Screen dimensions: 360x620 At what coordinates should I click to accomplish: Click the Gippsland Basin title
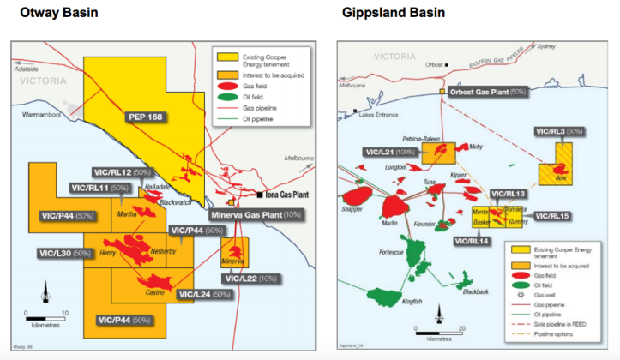(x=387, y=13)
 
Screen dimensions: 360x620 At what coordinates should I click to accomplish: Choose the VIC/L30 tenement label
(x=65, y=254)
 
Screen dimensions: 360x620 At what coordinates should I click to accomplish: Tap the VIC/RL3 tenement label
(x=559, y=132)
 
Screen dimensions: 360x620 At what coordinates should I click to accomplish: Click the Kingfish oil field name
(x=412, y=301)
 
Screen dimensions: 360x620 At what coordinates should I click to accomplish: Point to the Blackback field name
(x=474, y=291)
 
